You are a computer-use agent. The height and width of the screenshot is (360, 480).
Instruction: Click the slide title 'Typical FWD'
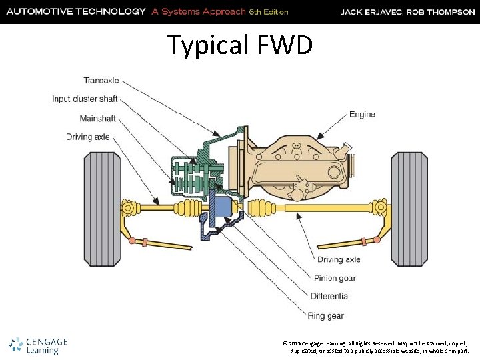(x=239, y=45)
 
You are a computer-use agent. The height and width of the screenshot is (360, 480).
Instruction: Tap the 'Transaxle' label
(x=101, y=81)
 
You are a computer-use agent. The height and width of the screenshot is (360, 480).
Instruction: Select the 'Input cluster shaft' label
(x=85, y=99)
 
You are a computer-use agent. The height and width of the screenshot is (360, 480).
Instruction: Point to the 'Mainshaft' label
(x=98, y=119)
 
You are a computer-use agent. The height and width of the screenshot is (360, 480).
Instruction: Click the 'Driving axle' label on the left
(x=88, y=137)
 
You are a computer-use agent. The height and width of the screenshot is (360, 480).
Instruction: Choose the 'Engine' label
(x=362, y=115)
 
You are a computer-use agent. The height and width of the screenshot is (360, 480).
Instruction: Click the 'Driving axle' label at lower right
(x=339, y=260)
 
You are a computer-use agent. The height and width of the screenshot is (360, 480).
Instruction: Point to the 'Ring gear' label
(x=326, y=315)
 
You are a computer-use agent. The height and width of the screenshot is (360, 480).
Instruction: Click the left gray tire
(x=101, y=209)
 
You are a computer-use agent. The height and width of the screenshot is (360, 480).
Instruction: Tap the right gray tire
(x=409, y=209)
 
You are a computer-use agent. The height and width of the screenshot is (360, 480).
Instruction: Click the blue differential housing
(x=220, y=208)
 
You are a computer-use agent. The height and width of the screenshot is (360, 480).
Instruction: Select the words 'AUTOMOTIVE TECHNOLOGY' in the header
(x=75, y=11)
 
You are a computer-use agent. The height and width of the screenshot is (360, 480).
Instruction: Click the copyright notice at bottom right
(x=376, y=345)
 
